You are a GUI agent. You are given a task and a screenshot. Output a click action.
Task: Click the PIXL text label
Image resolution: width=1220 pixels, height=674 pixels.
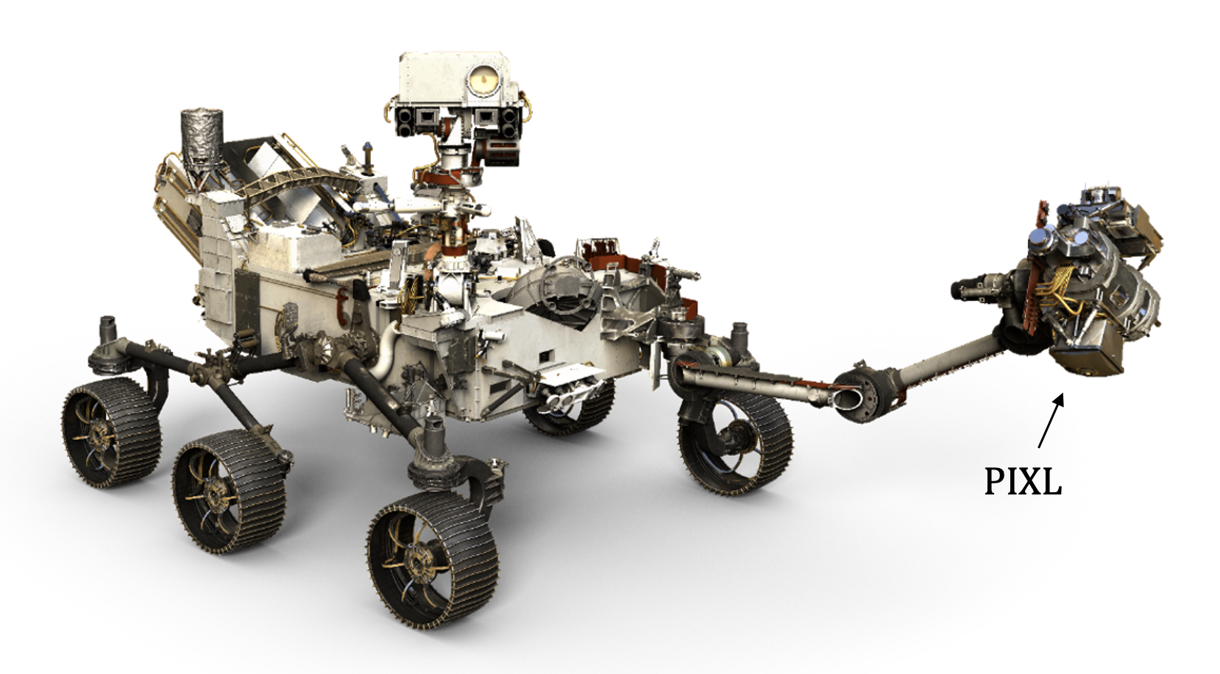point(1024,480)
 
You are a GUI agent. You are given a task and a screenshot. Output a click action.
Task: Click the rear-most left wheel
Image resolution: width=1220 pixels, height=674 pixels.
point(112,433)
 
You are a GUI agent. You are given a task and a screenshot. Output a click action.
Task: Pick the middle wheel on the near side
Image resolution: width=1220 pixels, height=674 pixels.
point(230,491)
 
